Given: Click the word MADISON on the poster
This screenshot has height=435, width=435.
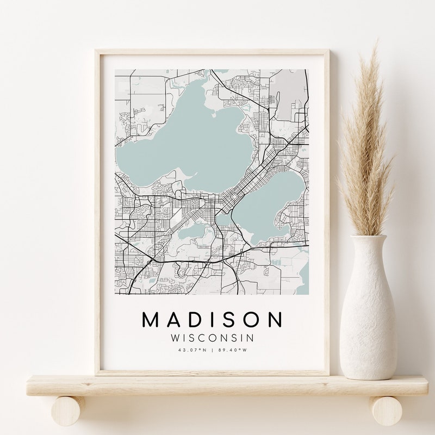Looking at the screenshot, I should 213,320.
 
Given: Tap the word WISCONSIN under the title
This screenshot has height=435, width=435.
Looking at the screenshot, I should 213,338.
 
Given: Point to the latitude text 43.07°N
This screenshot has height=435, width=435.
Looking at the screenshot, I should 192,350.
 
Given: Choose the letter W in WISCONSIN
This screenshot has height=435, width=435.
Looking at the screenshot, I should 175,338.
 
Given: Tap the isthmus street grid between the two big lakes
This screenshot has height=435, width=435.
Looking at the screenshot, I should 239,190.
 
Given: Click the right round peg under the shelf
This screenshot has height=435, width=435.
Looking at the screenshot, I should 387,411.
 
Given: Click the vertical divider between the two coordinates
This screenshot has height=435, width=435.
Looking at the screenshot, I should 213,350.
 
